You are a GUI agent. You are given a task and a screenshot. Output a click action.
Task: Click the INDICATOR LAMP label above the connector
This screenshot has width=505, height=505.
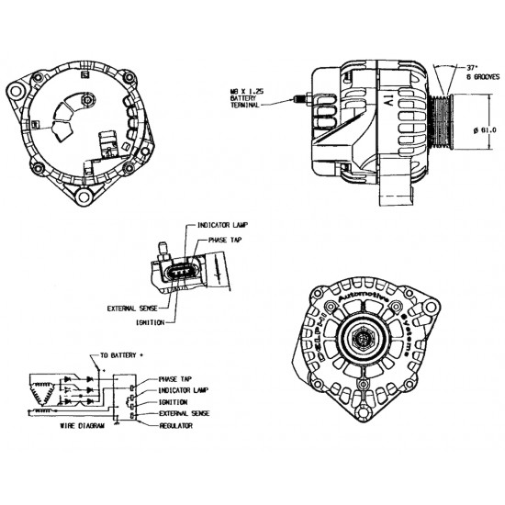point(223,224)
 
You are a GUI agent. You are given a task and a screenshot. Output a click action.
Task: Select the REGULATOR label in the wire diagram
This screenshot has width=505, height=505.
point(175,425)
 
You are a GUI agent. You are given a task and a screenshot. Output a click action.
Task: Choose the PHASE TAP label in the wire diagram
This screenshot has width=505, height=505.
point(175,378)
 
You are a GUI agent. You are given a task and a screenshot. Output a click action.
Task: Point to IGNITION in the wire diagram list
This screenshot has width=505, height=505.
point(174,402)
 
